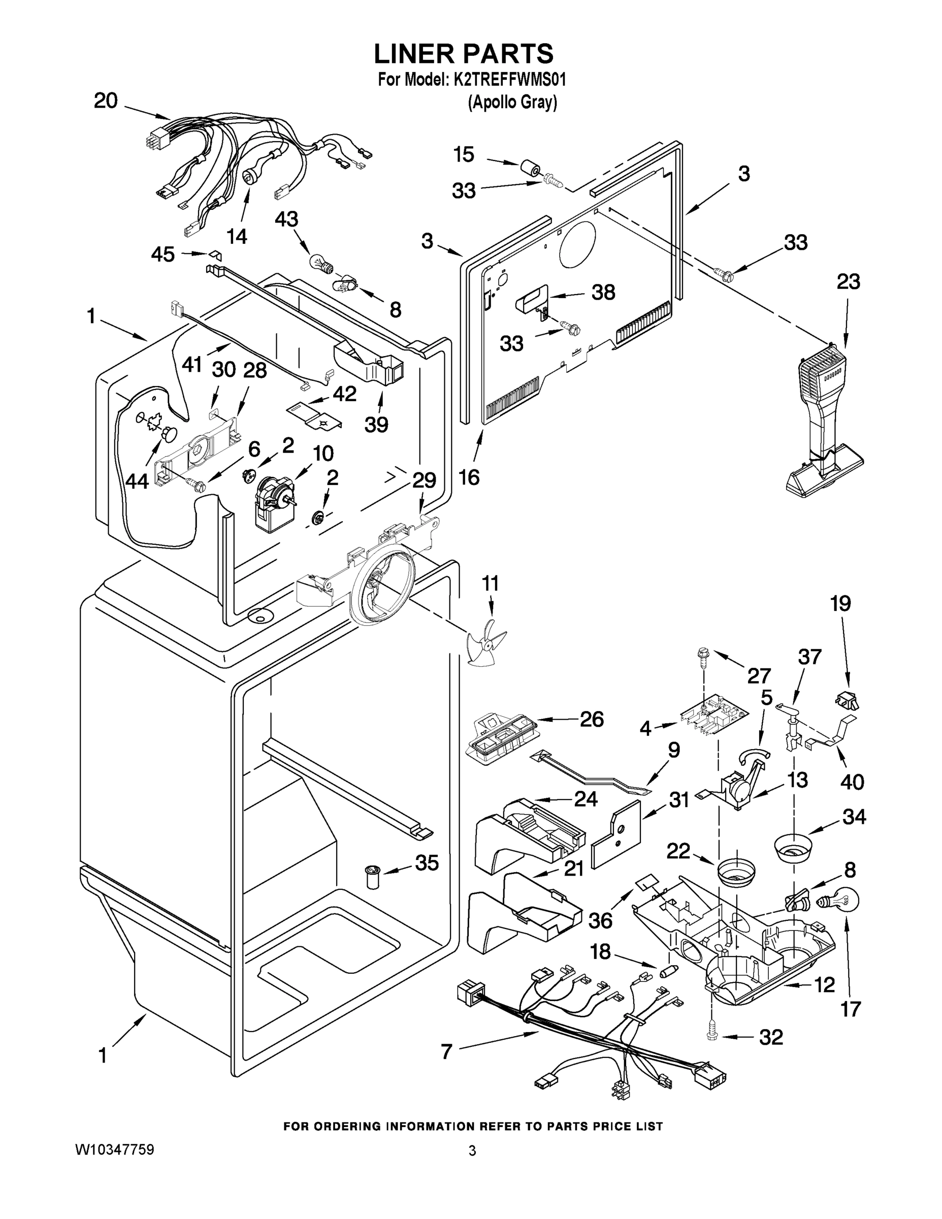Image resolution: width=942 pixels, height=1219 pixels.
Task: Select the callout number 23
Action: pos(848,282)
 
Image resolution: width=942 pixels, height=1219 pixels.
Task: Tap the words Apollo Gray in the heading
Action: pos(512,103)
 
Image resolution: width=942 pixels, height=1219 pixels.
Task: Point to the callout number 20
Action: pos(106,101)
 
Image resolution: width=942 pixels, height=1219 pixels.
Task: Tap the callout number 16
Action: pos(469,477)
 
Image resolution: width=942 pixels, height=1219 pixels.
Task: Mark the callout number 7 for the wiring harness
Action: pos(446,1052)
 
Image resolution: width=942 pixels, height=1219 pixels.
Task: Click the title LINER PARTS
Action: pos(463,53)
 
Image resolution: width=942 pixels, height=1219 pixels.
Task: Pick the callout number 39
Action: pos(376,424)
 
